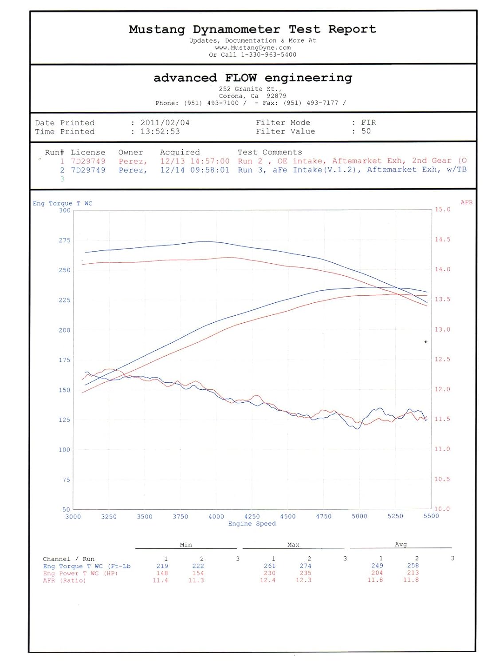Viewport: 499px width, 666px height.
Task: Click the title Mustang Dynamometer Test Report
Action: (252, 30)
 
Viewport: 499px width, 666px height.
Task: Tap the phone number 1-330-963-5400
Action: (269, 55)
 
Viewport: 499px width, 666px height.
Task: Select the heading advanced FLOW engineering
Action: (253, 78)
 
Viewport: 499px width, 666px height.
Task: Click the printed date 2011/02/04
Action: (165, 123)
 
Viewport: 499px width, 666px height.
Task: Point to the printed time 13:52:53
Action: (160, 132)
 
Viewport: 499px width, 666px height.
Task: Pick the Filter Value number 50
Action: (366, 131)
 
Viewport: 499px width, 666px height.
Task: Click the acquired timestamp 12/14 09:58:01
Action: (195, 170)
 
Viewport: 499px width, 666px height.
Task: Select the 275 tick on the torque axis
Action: (65, 240)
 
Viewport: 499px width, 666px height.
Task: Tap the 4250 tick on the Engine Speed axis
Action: (252, 516)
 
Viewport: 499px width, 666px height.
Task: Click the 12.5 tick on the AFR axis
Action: (442, 359)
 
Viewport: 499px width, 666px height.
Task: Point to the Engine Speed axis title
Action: (252, 524)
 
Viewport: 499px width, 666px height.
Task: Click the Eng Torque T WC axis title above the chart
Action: (63, 203)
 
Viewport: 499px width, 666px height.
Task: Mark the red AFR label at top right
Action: (467, 202)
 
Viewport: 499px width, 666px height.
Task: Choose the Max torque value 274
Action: (305, 566)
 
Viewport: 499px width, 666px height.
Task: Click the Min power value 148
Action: (162, 573)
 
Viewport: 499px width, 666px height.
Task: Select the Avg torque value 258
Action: (413, 566)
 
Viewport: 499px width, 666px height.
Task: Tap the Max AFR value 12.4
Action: (267, 580)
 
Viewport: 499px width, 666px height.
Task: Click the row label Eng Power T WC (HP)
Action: (80, 573)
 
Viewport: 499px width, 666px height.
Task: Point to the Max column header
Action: (293, 545)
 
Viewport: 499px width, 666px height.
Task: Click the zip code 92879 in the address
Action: (276, 96)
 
